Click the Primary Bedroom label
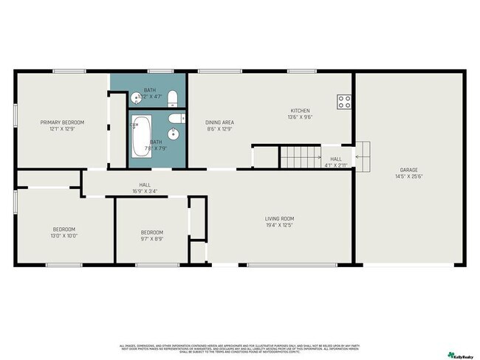pyautogui.click(x=62, y=122)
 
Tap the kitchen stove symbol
pyautogui.click(x=344, y=102)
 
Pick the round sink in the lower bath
pyautogui.click(x=174, y=134)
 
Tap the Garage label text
pyautogui.click(x=408, y=170)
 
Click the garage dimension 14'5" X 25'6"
pyautogui.click(x=408, y=176)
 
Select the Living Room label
pyautogui.click(x=280, y=218)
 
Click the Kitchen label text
pyautogui.click(x=299, y=111)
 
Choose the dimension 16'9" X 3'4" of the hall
pyautogui.click(x=145, y=192)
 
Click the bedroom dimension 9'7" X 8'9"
pyautogui.click(x=151, y=239)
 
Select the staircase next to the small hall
pyautogui.click(x=298, y=156)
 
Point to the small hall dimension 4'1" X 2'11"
pyautogui.click(x=336, y=165)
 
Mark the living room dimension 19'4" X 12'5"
pyautogui.click(x=280, y=225)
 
